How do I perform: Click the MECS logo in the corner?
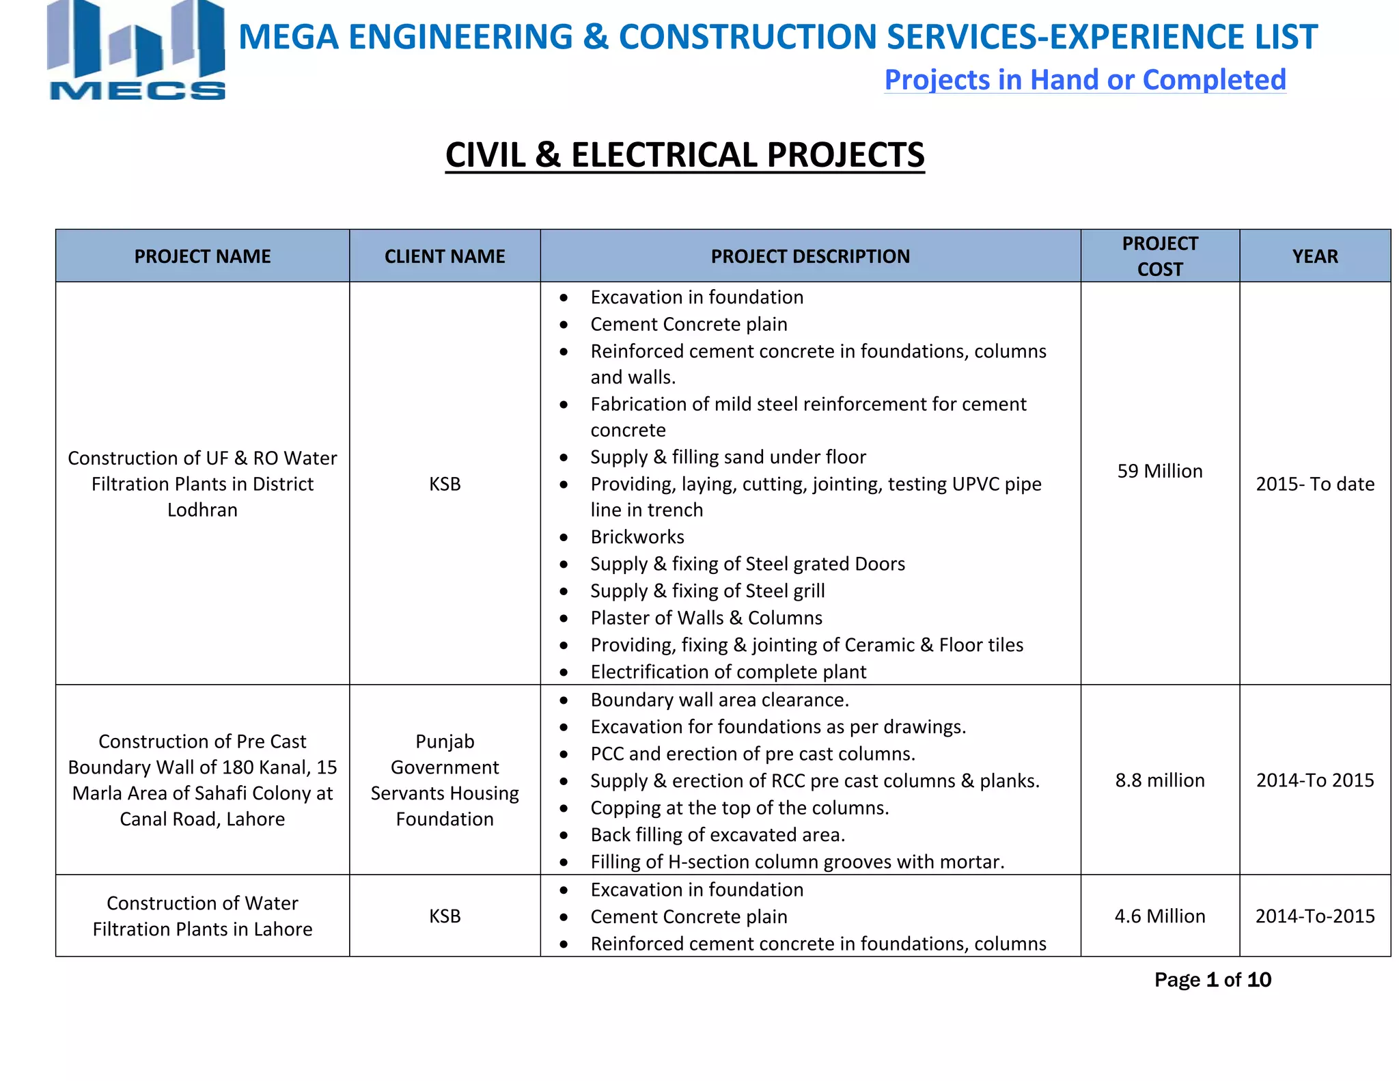(x=136, y=51)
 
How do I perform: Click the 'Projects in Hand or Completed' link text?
(x=1084, y=80)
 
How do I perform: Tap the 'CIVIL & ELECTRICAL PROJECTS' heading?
(x=684, y=155)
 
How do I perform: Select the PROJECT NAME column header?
(x=202, y=256)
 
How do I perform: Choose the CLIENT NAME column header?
(x=445, y=256)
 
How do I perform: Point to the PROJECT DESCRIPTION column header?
(x=810, y=256)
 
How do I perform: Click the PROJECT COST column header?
(x=1160, y=256)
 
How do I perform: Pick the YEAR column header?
(x=1315, y=256)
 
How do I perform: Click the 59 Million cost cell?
(x=1160, y=471)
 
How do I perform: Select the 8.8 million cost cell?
(x=1160, y=780)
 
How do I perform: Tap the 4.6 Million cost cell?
(x=1160, y=916)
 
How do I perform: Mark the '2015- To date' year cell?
(x=1315, y=484)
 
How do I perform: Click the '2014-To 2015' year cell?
(x=1315, y=780)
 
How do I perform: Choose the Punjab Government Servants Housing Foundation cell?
(x=445, y=780)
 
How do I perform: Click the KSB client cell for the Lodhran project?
(x=445, y=484)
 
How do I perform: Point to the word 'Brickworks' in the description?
(x=637, y=537)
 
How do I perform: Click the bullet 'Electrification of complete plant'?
(x=728, y=672)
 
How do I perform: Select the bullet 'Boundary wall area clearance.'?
(x=719, y=700)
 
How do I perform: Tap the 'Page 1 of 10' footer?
(x=1213, y=980)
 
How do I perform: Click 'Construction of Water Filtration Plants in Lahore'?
(x=202, y=916)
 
